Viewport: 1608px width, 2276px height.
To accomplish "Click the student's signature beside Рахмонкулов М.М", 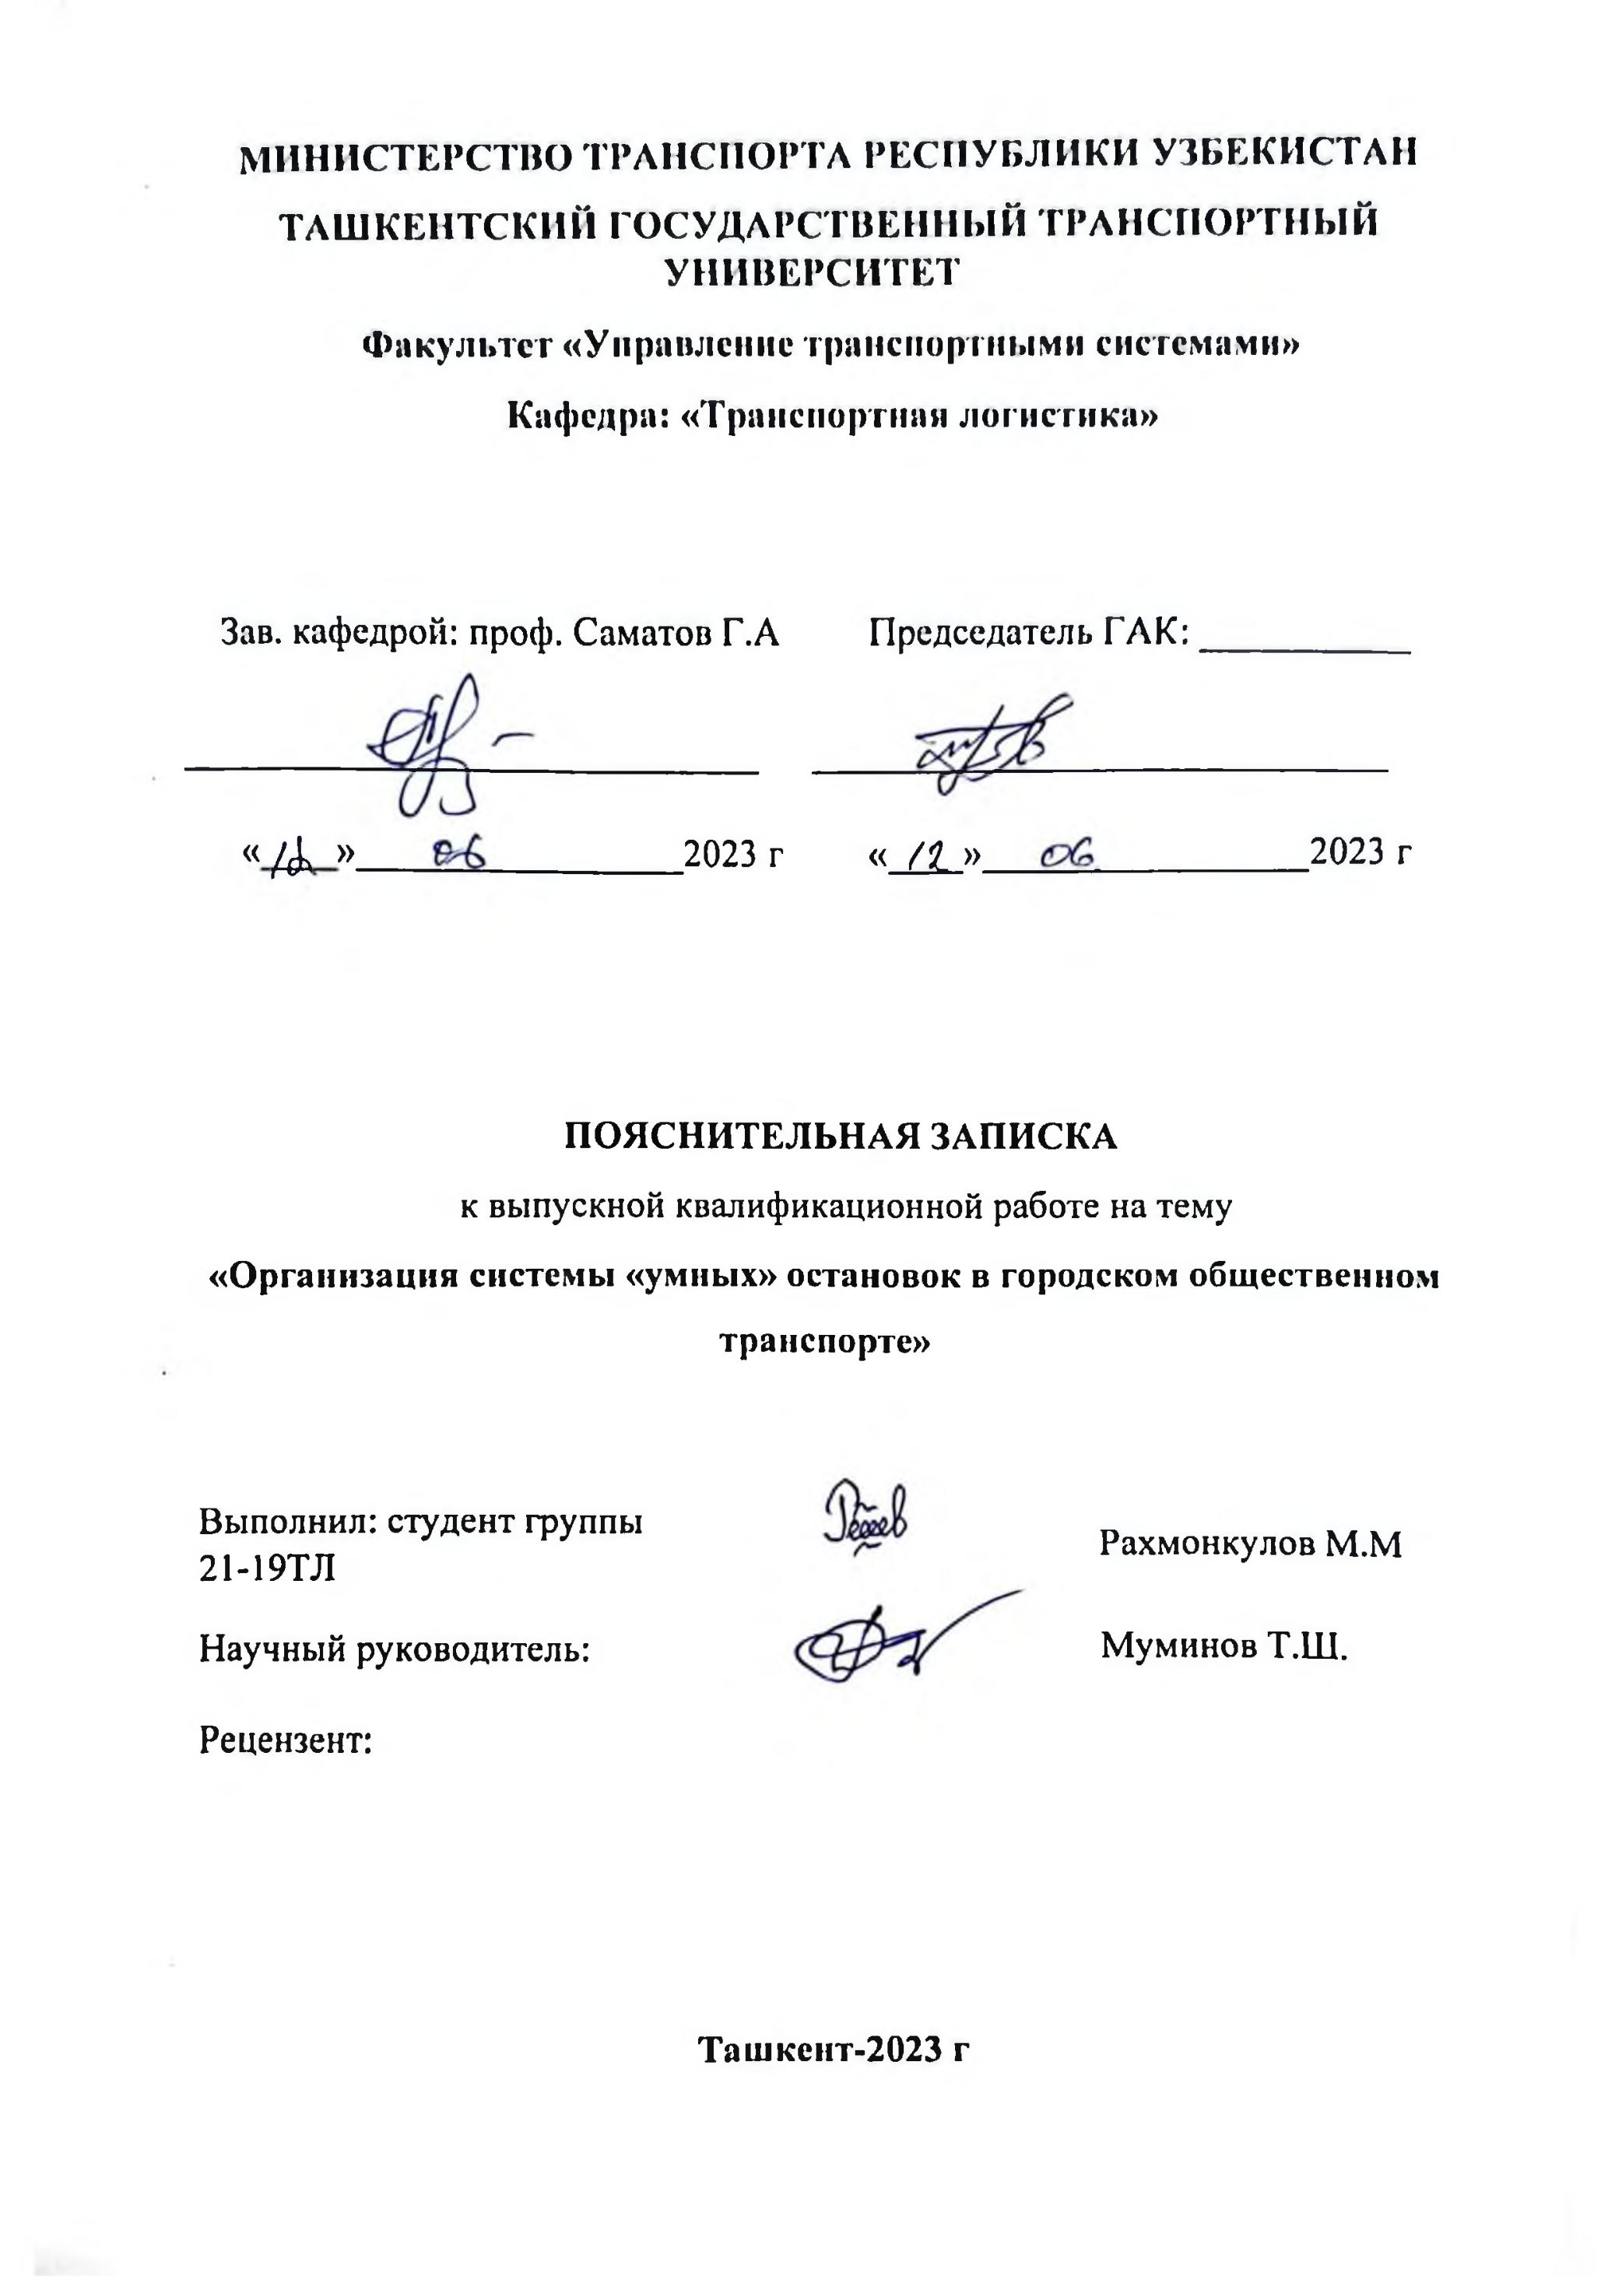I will [x=868, y=1522].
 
